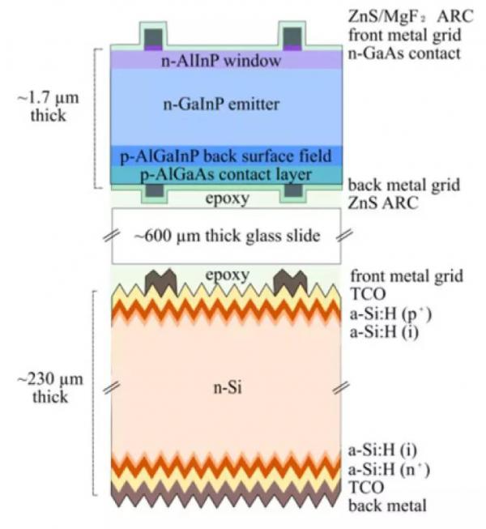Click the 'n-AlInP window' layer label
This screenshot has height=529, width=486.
221,61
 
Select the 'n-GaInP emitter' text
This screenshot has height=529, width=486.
221,105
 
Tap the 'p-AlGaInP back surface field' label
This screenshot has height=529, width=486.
226,156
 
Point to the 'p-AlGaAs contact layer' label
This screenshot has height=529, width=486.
226,175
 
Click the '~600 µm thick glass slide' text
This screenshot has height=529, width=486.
227,236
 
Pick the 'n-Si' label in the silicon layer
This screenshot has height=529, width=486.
228,388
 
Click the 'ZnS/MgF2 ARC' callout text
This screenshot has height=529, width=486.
411,16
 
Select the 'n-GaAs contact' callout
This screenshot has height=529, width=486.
404,53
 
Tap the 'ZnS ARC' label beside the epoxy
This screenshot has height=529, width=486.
383,203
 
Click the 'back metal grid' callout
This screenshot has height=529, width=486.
403,185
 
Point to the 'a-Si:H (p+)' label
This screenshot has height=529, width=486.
390,314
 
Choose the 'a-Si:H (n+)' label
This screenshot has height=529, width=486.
389,469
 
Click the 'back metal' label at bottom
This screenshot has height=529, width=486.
387,506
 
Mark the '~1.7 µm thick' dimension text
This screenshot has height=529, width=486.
49,107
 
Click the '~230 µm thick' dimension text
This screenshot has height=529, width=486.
50,387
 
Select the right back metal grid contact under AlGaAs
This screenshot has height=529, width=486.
293,190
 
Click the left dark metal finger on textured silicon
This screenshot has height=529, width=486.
161,282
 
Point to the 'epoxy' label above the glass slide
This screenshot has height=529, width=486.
228,198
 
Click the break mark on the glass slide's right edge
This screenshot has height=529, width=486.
344,235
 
